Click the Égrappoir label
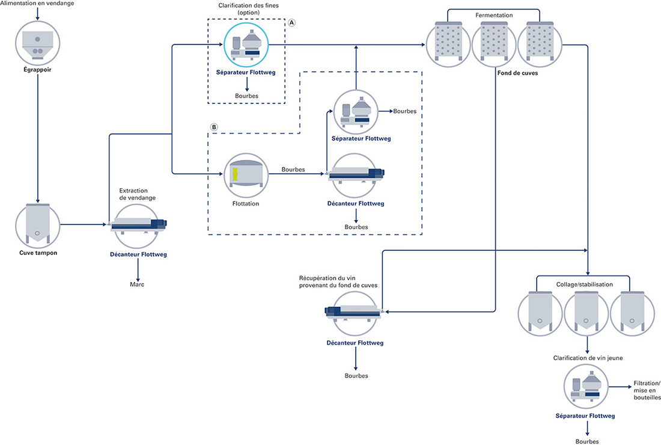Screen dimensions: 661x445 (37, 70)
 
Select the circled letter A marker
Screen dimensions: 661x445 (291, 23)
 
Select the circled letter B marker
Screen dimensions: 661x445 (214, 127)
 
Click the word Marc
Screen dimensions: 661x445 (137, 284)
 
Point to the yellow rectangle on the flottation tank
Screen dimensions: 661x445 (235, 174)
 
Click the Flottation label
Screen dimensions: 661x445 (246, 204)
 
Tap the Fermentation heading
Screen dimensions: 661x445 (494, 15)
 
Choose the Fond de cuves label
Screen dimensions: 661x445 (517, 73)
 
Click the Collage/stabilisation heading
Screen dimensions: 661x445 (584, 284)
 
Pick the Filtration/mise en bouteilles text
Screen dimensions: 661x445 (647, 390)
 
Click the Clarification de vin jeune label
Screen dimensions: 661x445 (588, 358)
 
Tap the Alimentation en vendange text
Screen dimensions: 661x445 (37, 4)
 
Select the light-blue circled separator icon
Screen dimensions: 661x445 (246, 44)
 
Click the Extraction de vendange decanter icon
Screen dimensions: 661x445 (136, 226)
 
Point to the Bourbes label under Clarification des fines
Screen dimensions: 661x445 (246, 96)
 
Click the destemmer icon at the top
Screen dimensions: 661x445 (37, 43)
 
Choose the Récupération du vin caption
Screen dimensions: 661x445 (338, 282)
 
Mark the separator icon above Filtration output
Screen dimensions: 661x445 (586, 387)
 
